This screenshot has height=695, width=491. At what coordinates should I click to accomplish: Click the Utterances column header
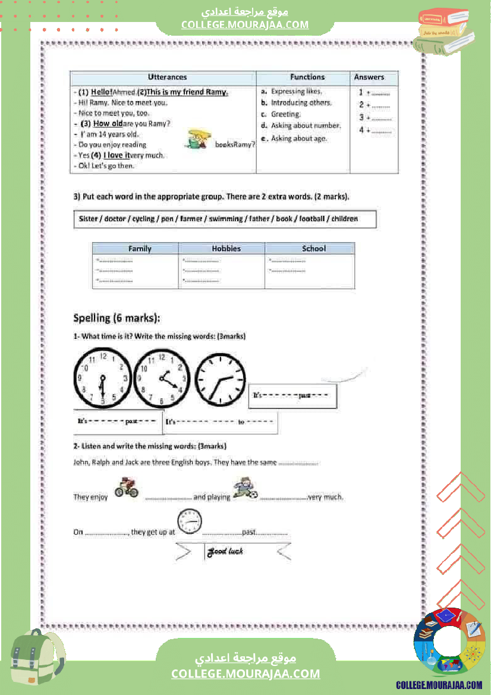point(167,77)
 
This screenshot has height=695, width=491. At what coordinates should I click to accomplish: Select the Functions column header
point(307,77)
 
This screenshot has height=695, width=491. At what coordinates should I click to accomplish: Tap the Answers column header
point(369,77)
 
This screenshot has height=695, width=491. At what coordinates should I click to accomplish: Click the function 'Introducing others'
point(301,102)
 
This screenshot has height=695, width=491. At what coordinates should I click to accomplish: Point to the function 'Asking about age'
point(299,139)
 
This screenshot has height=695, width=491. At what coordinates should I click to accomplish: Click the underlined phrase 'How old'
point(108,124)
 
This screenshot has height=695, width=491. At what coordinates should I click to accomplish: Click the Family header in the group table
point(140,249)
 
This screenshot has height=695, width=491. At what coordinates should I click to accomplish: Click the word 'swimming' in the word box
point(226,219)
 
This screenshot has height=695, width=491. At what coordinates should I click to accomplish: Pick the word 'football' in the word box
point(312,219)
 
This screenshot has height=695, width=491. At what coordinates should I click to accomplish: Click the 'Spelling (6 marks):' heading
point(117,318)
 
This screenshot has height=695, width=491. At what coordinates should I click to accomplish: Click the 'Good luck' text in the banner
point(225,552)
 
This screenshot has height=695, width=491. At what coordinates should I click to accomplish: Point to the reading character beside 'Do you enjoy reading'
point(198,140)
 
